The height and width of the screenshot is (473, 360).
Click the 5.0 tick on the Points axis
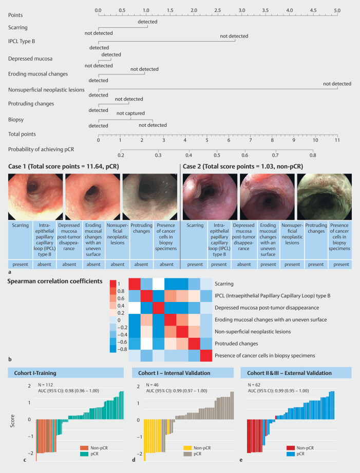pos(337,10)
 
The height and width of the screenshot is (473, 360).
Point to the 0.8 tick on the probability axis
pos(312,154)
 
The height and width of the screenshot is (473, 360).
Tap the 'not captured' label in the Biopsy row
pos(130,113)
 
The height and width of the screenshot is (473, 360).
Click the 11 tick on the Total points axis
pos(337,139)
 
